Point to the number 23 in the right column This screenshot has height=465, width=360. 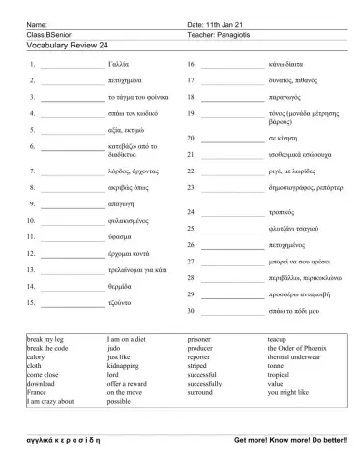192,186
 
